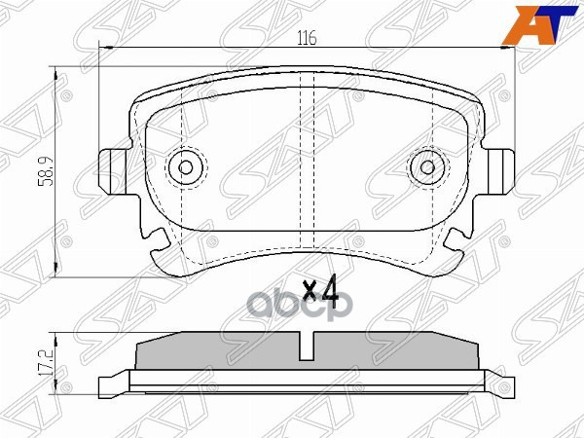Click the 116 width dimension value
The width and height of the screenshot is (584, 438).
click(x=307, y=39)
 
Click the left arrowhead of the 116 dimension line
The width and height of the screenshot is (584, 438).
click(x=104, y=49)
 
